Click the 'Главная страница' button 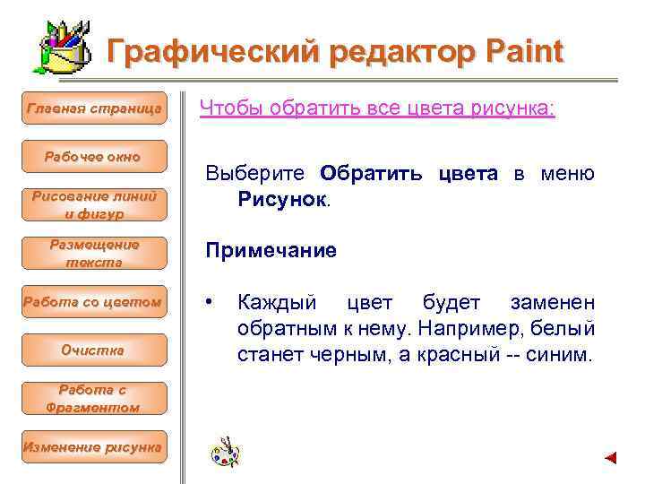click(94, 108)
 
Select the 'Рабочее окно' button click(93, 157)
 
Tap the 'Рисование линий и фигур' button click(94, 204)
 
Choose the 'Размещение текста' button click(94, 253)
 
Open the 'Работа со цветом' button click(94, 302)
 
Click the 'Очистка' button click(93, 350)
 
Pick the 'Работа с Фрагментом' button click(93, 398)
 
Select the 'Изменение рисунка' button click(93, 446)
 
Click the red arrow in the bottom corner click(610, 458)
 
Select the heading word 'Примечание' click(271, 251)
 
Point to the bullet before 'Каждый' click(210, 302)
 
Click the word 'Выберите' click(256, 172)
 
